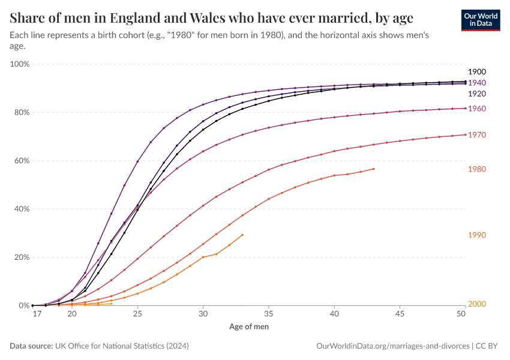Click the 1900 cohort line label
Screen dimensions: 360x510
(477, 71)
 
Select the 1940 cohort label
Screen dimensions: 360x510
(477, 83)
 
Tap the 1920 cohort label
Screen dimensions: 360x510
(477, 94)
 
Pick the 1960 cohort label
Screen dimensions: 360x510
(477, 109)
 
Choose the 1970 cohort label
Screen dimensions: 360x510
(477, 136)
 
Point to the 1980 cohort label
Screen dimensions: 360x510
(477, 170)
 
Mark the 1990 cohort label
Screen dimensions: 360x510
(477, 235)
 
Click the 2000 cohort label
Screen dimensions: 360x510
(477, 304)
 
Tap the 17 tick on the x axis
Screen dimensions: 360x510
(37, 314)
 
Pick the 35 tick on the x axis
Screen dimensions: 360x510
(269, 314)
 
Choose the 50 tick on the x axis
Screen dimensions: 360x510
(462, 314)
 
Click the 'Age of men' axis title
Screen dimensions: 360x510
(249, 327)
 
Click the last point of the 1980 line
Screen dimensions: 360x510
(374, 169)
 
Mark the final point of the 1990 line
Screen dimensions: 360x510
(242, 235)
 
